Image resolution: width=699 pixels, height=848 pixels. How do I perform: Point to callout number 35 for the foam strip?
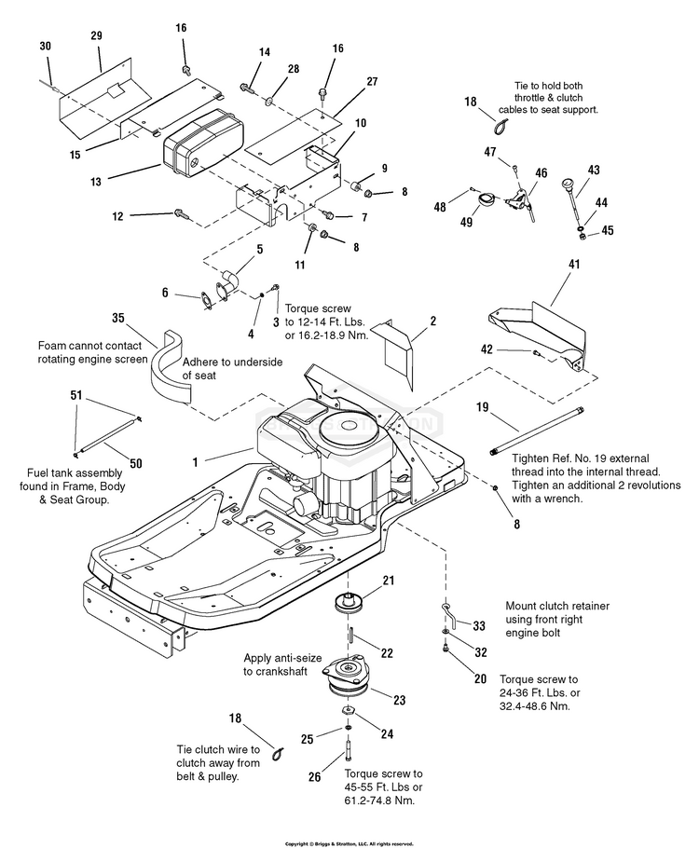point(118,317)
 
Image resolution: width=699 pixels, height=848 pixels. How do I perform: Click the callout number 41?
point(574,265)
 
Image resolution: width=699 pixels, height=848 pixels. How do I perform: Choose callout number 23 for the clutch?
point(400,700)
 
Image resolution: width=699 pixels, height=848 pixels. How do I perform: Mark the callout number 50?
point(135,463)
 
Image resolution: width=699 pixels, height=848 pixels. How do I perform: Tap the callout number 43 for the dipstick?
point(593,170)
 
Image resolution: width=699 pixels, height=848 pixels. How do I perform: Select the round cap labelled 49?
point(485,199)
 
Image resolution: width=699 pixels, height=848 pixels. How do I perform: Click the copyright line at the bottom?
point(349,842)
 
